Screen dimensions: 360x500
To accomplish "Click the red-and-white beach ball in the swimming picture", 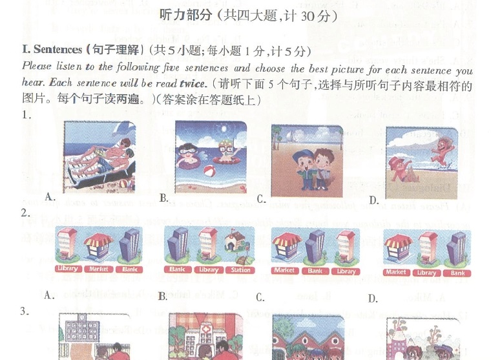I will (x=210, y=171).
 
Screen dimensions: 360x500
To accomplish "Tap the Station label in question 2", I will (x=241, y=270).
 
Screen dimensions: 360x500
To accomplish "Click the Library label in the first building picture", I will (x=68, y=269).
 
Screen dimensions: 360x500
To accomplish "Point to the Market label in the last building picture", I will (x=395, y=273).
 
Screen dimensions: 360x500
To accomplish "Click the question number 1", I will (x=26, y=115).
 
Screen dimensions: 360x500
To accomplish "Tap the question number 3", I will (x=25, y=312).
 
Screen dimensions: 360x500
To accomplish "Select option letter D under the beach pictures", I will (x=373, y=200).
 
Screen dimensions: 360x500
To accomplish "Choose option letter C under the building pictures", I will (x=260, y=297).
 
